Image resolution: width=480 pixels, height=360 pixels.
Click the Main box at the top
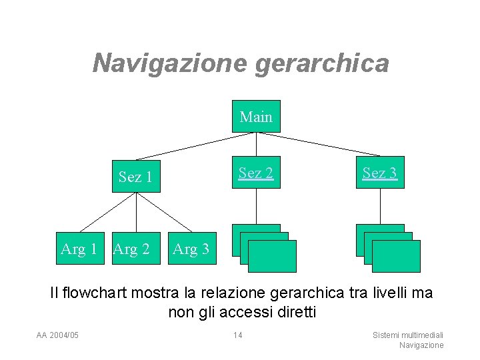[256, 117]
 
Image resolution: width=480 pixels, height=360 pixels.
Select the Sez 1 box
[136, 177]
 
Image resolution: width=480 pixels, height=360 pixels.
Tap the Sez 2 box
[256, 173]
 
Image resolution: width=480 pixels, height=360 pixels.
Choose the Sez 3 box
[380, 173]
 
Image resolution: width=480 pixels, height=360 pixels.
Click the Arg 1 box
[79, 249]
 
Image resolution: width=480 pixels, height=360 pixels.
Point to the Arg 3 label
[191, 249]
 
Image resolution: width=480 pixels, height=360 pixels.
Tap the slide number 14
[238, 335]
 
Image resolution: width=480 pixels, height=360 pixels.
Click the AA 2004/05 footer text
[57, 335]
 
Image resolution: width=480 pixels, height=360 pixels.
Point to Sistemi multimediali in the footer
[409, 335]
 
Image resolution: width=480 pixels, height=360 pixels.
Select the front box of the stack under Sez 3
[396, 257]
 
